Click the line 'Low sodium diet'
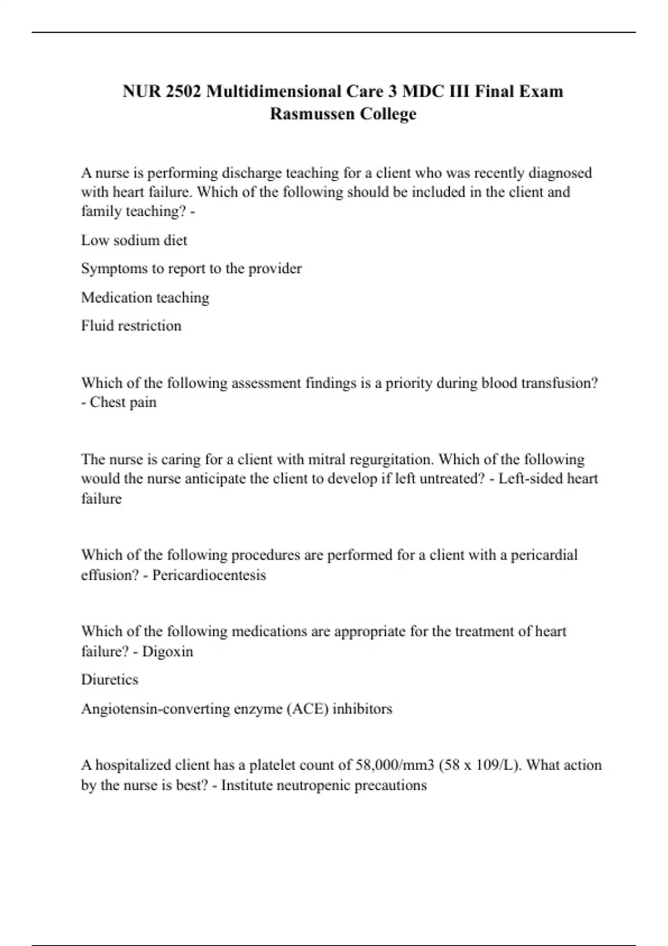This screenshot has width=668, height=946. (x=134, y=240)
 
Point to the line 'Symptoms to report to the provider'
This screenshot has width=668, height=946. (x=191, y=269)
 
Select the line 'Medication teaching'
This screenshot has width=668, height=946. (x=145, y=298)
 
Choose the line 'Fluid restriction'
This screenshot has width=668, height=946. (x=131, y=326)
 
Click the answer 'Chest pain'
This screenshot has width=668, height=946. (x=123, y=402)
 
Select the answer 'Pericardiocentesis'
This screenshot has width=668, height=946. (x=209, y=575)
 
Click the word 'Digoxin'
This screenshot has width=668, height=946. (x=168, y=652)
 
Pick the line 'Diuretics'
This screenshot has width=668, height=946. (x=110, y=679)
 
